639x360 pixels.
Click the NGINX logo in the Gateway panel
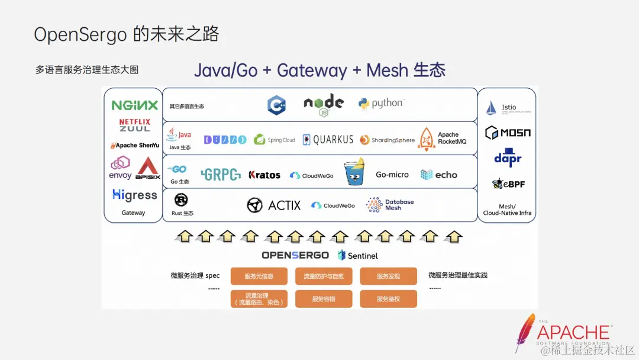pyautogui.click(x=135, y=105)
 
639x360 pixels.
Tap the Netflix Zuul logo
pyautogui.click(x=135, y=125)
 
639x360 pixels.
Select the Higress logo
pyautogui.click(x=134, y=195)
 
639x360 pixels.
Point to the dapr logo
pyautogui.click(x=508, y=159)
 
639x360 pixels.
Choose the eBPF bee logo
pyautogui.click(x=508, y=184)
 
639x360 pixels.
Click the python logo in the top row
pyautogui.click(x=380, y=104)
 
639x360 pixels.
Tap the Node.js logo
pyautogui.click(x=323, y=104)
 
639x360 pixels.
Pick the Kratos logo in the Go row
pyautogui.click(x=264, y=175)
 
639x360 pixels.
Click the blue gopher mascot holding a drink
pyautogui.click(x=354, y=172)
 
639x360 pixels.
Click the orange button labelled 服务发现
pyautogui.click(x=388, y=277)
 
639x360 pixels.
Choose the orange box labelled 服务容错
pyautogui.click(x=323, y=299)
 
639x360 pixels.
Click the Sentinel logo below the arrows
pyautogui.click(x=358, y=256)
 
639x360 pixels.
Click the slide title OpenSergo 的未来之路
pyautogui.click(x=126, y=34)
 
